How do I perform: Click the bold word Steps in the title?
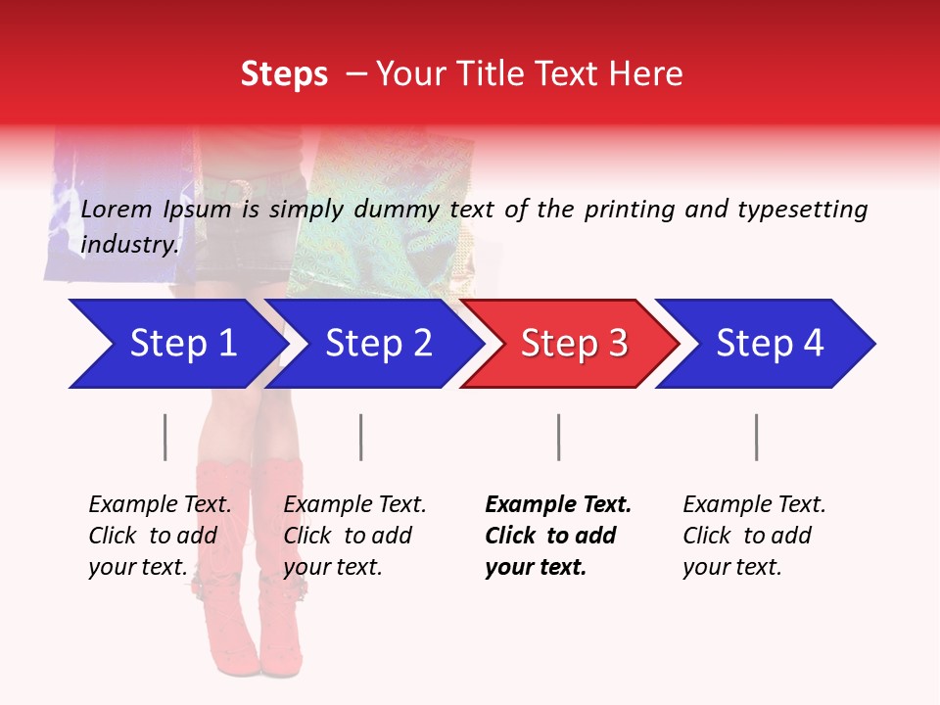point(284,74)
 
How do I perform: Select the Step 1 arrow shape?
point(176,344)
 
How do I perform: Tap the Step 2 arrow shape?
point(372,344)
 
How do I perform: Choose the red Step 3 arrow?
point(568,344)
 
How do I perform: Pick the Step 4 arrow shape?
point(764,344)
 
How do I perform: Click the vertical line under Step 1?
point(165,437)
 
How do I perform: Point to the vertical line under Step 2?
point(361,437)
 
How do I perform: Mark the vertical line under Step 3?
point(558,437)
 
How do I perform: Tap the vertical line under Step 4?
point(756,437)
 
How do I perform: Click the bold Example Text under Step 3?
point(558,505)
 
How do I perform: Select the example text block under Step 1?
point(160,536)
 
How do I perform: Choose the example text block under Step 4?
point(754,536)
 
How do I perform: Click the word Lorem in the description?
point(115,209)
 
